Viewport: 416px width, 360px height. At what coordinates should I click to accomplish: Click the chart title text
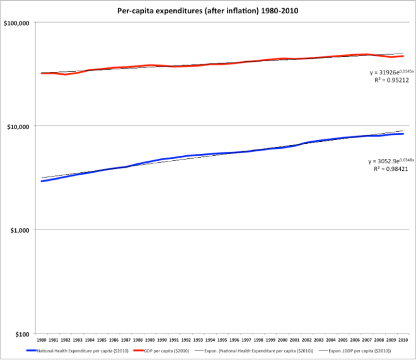click(x=209, y=11)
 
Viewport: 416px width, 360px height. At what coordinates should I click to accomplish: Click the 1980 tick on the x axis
click(x=41, y=340)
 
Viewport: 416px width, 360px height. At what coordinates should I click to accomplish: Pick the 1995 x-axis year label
click(x=222, y=340)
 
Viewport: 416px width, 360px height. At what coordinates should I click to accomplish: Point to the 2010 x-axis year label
click(x=403, y=340)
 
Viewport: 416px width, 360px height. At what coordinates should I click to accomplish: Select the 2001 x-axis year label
click(x=294, y=340)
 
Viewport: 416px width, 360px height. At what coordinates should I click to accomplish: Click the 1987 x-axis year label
click(x=125, y=340)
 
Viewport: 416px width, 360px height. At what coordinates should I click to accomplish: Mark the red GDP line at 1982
click(x=65, y=74)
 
